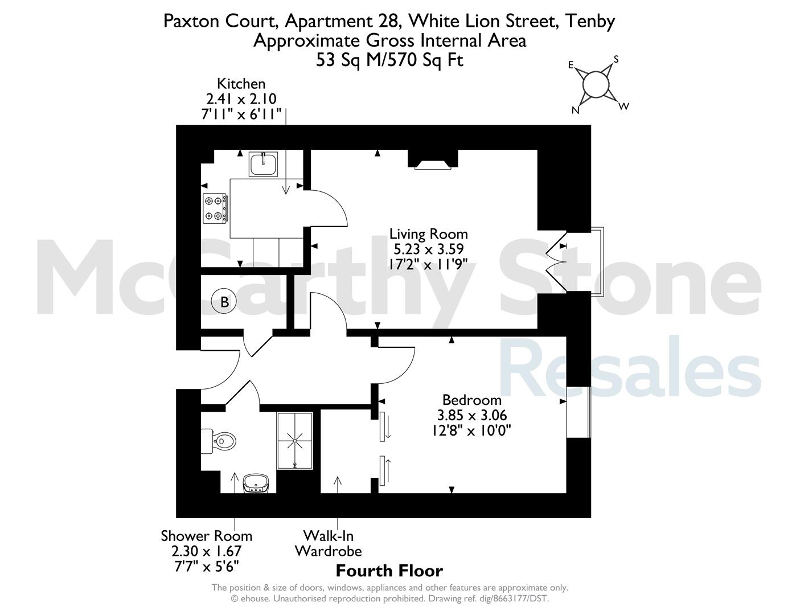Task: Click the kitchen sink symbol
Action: [x=263, y=164]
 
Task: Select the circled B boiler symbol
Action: [x=224, y=302]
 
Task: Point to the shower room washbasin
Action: [x=256, y=483]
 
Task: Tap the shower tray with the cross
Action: [x=295, y=441]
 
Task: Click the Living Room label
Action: [x=428, y=233]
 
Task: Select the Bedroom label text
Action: [x=472, y=400]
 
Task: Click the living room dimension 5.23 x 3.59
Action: [x=428, y=249]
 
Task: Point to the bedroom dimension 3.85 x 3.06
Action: [x=472, y=415]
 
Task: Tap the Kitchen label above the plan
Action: [x=241, y=84]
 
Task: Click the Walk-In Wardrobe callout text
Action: [x=328, y=544]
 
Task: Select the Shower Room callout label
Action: [x=207, y=536]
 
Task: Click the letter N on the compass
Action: [x=576, y=110]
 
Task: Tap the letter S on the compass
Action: [x=616, y=59]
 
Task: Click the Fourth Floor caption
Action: [x=389, y=571]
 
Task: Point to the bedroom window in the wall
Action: [x=578, y=412]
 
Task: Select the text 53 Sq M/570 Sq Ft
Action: [x=390, y=60]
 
